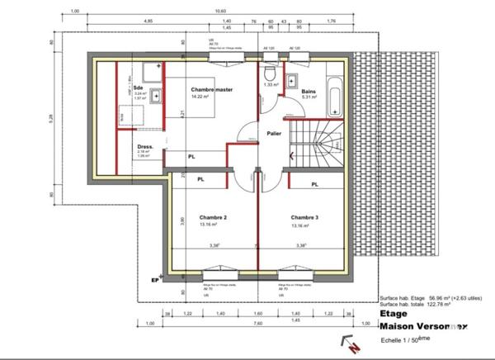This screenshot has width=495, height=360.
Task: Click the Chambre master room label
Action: (210, 89)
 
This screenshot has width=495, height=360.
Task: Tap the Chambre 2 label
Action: (213, 218)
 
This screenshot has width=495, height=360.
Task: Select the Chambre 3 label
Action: (304, 218)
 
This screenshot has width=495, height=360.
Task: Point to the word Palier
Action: (275, 133)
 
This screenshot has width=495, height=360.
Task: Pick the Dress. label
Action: (146, 145)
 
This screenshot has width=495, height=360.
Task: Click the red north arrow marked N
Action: (351, 347)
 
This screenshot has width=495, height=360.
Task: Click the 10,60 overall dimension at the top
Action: (219, 11)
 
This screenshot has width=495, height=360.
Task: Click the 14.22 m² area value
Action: (200, 97)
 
